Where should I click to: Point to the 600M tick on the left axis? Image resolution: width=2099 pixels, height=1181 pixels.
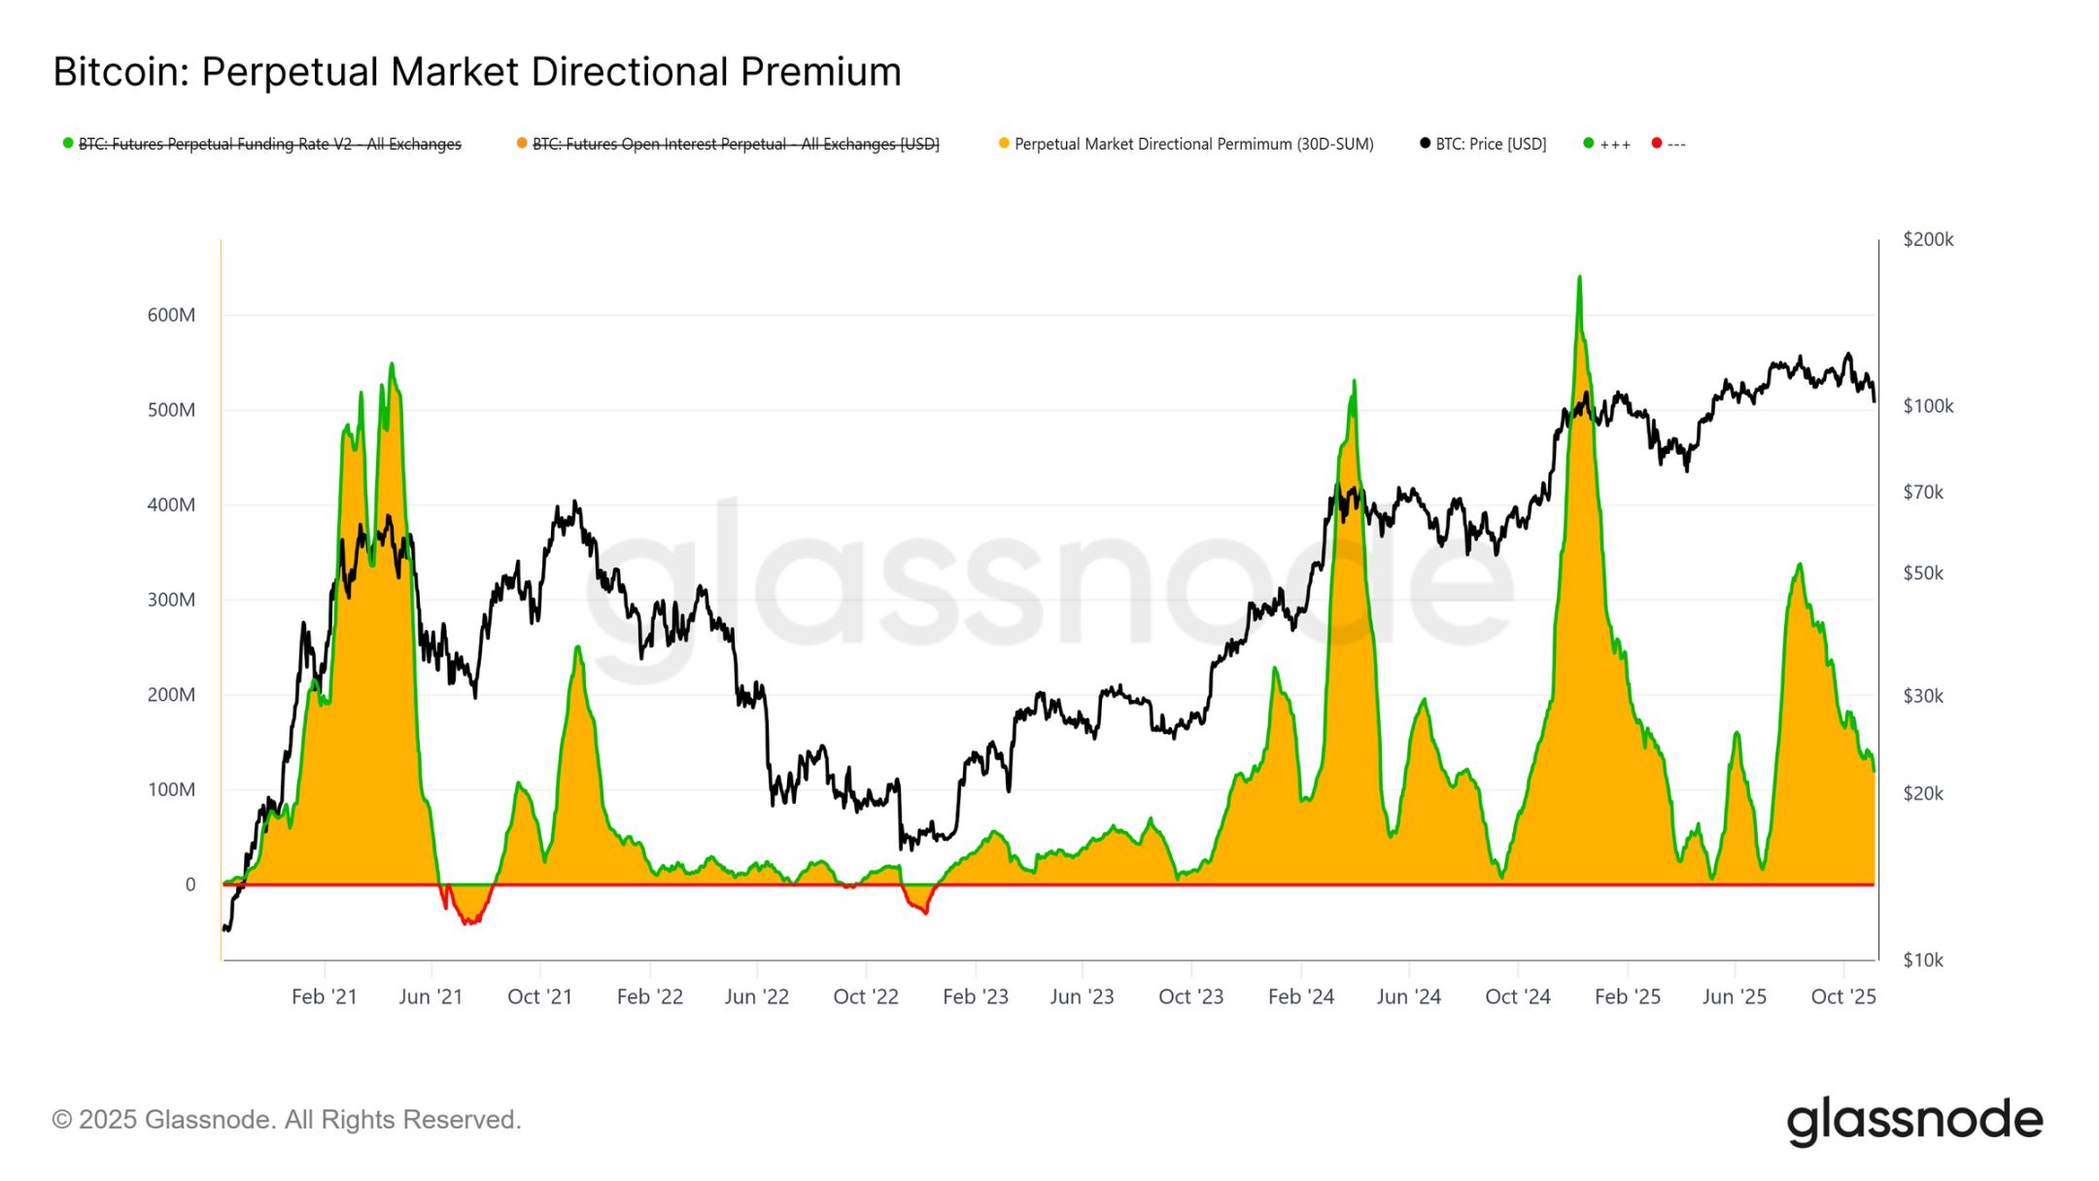coord(171,315)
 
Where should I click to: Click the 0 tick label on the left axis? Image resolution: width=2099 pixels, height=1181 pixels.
coord(190,885)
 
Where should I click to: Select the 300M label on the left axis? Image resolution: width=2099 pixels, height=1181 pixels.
coord(171,600)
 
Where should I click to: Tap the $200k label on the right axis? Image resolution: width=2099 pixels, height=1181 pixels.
coord(1928,239)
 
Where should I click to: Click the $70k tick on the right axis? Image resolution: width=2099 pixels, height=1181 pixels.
coord(1923,492)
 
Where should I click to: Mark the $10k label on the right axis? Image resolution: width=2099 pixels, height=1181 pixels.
coord(1923,960)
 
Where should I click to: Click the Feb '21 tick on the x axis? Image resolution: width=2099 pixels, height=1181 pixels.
coord(325,996)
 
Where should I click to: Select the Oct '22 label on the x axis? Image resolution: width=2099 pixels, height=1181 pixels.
coord(866,996)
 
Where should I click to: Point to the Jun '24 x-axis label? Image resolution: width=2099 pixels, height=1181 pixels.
coord(1408,996)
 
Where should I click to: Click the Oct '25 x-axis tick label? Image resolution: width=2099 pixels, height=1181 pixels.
coord(1843,996)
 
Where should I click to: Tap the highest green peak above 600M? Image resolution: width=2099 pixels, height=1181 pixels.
coord(1579,279)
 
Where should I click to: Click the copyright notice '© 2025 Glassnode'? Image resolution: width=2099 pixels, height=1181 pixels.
coord(287,1120)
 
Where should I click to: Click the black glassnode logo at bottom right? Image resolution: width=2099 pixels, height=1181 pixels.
coord(1914,1122)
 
